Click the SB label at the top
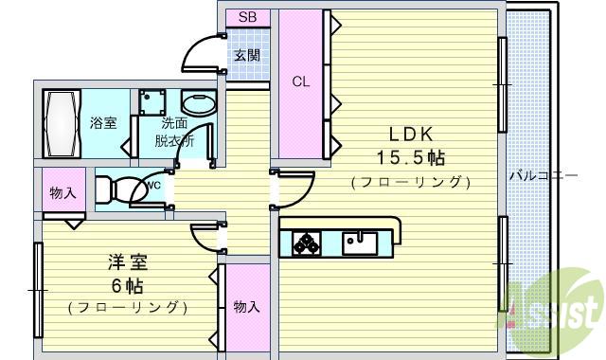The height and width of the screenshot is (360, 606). [247, 17]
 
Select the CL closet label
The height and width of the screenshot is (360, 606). [300, 81]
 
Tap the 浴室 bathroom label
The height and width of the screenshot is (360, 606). [102, 123]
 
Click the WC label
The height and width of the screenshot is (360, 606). [152, 185]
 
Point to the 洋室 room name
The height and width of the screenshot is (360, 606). [127, 263]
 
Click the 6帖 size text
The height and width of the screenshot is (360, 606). [127, 285]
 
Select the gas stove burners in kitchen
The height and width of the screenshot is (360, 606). [305, 243]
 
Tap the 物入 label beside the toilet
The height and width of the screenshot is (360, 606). [62, 193]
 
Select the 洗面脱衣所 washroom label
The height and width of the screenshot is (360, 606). [174, 132]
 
